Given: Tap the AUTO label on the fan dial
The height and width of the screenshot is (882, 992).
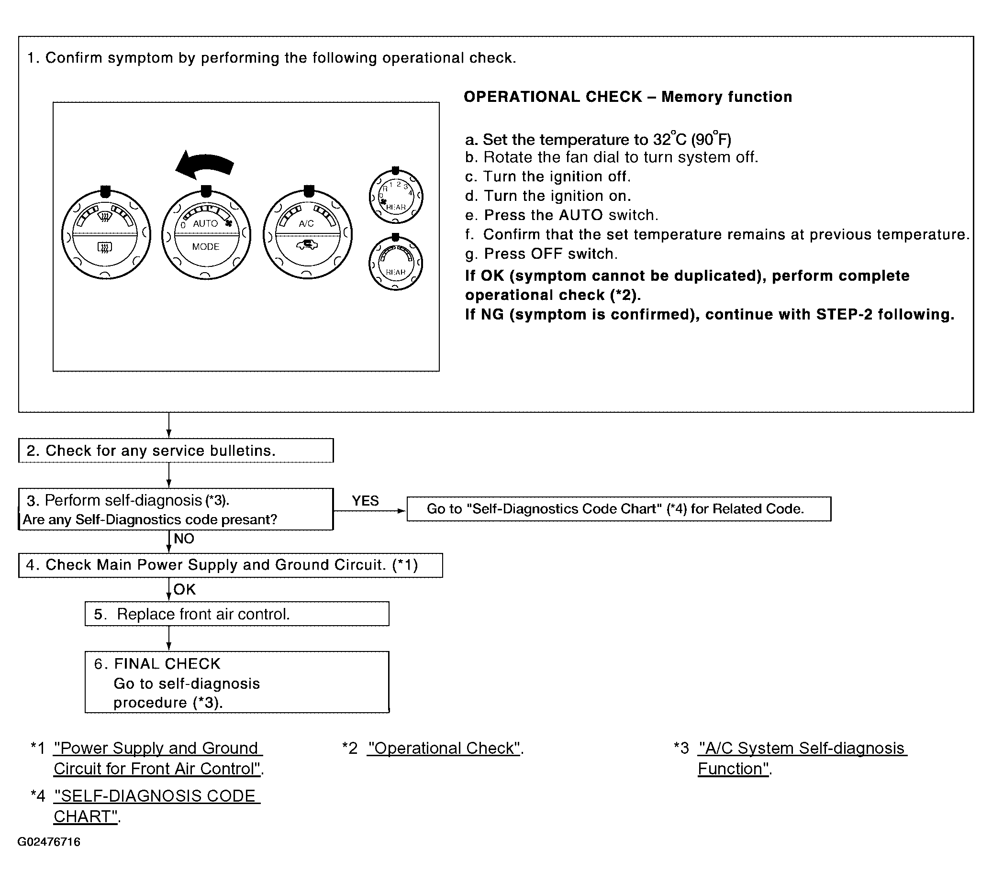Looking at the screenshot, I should [x=205, y=224].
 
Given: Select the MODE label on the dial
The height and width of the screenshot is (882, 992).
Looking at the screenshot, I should [x=206, y=247].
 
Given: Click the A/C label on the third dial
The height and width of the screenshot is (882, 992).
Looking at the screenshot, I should [x=306, y=224].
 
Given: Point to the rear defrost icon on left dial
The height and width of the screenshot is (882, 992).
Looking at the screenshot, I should [x=105, y=248].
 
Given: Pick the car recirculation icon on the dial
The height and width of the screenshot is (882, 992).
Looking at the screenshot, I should [x=307, y=245].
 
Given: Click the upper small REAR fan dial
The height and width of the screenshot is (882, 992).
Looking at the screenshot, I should [x=396, y=197].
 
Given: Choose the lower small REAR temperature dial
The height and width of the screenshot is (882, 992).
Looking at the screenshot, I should [x=396, y=264].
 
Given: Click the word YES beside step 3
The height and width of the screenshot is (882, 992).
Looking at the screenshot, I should [x=365, y=501].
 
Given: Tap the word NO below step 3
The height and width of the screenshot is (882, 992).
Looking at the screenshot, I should [x=184, y=539].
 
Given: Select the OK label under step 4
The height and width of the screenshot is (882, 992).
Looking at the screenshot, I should [x=184, y=589].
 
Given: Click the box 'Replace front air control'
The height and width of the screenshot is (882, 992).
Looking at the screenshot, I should [x=237, y=614].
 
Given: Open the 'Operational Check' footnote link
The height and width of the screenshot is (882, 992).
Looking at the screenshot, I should [x=444, y=749].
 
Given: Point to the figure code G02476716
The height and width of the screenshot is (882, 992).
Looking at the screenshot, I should [x=49, y=842].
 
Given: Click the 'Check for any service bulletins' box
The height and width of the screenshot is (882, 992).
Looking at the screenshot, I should [x=176, y=451].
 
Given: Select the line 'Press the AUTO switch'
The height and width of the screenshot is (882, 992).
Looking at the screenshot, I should [x=561, y=215].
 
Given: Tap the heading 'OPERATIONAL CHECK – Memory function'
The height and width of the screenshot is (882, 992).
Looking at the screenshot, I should [x=627, y=97].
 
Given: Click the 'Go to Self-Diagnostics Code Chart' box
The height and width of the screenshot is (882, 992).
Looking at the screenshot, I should [x=618, y=509].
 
